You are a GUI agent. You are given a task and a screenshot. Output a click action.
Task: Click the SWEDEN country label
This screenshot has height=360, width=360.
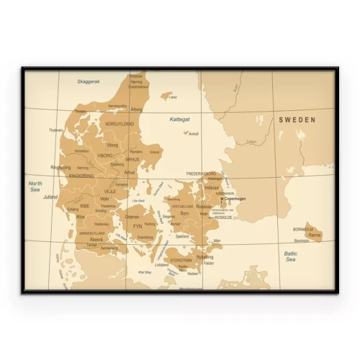tap(297, 121)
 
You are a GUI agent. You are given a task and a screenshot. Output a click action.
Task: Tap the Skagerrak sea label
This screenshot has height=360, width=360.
tap(89, 81)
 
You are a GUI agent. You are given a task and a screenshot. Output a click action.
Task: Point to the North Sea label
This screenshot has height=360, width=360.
tap(35, 186)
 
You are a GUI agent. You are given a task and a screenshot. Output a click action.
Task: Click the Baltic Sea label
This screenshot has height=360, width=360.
tap(291, 256)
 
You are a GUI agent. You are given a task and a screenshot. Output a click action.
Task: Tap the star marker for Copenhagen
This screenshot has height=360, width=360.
tap(222, 199)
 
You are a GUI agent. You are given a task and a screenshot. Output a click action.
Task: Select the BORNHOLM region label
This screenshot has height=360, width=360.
tap(303, 229)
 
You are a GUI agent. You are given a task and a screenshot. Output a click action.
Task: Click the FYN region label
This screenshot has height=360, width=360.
tap(138, 226)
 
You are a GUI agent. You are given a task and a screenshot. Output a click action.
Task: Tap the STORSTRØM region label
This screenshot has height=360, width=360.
tap(181, 261)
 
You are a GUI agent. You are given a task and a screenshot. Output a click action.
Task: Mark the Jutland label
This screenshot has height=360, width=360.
tap(50, 196)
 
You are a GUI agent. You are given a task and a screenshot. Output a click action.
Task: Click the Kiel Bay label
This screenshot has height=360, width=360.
tap(145, 272)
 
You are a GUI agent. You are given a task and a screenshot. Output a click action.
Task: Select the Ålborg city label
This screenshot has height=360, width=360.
tap(136, 109)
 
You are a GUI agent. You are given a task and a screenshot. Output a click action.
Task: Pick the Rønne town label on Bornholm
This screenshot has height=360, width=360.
tap(315, 234)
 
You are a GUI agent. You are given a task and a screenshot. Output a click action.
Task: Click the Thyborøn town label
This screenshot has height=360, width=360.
tap(55, 130)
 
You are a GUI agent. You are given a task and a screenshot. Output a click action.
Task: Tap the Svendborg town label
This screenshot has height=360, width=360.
tap(145, 236)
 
